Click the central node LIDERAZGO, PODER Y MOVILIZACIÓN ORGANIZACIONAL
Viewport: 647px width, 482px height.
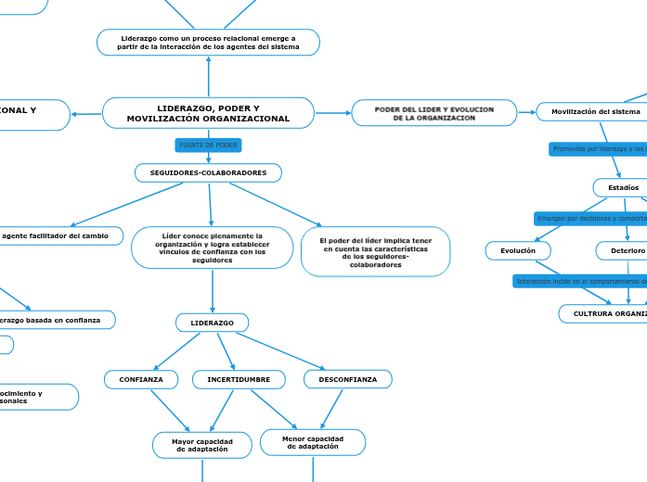pos(208,113)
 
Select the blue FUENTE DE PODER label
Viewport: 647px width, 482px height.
pos(208,146)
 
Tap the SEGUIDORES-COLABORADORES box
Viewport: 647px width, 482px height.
pos(208,173)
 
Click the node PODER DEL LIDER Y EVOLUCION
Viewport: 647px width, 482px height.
pos(433,113)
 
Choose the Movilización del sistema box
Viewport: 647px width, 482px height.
pos(596,111)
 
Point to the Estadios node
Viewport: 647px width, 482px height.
pos(623,188)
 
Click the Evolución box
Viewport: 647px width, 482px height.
pos(518,251)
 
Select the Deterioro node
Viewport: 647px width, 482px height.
pos(621,251)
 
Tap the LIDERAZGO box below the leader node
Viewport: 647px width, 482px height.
pos(213,323)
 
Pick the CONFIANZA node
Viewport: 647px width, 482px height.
pos(140,379)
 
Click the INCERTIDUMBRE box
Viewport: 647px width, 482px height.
pos(239,379)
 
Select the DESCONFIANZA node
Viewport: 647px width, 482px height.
pos(348,379)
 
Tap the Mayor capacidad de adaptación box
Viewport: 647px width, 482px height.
pos(202,445)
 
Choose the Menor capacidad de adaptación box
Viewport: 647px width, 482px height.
pos(313,442)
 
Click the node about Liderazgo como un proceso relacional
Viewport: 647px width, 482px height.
pos(208,43)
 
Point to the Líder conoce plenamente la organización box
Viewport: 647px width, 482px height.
pos(213,248)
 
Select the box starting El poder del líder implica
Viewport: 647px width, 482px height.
pos(376,252)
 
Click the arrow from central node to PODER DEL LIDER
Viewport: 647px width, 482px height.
pos(333,113)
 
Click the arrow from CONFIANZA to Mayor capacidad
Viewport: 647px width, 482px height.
pos(170,411)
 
